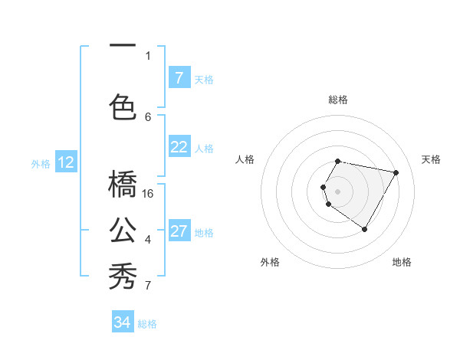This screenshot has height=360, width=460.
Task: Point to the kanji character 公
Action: pos(123,230)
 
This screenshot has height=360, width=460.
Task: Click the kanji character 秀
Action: pos(123,275)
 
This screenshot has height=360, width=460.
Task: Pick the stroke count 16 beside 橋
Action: pos(149,193)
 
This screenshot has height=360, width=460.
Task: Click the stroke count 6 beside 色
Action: pos(148,116)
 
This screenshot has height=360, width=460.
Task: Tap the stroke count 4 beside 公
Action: pos(148,240)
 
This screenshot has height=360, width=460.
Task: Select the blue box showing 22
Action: pos(179,147)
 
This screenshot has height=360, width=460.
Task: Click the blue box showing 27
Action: pos(179,231)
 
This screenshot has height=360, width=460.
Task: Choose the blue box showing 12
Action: pos(66,162)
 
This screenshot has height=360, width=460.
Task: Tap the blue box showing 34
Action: pos(122,322)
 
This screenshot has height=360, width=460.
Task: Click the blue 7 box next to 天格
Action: pos(179,78)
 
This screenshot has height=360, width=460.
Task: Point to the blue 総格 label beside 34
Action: pos(147,324)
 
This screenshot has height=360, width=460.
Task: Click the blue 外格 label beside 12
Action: pos(41,164)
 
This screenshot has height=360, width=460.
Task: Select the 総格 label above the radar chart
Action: pos(338,100)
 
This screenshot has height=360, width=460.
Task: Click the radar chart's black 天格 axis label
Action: pos(431,159)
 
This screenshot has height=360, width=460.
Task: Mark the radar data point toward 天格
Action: pos(396,173)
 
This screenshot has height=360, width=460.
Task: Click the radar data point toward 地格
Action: pos(364,229)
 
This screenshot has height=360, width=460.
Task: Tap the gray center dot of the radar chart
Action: pos(337,191)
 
